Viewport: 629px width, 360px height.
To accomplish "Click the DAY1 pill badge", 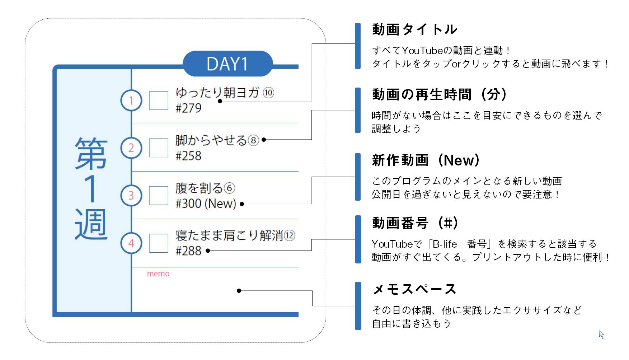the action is pos(227,64).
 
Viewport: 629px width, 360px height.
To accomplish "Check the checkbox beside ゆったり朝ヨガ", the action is pos(159,100).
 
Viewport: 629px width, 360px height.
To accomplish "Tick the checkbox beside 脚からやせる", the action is pos(159,148).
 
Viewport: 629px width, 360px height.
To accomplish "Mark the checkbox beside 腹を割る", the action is pos(159,196).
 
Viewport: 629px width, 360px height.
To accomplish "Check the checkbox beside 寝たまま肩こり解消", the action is pos(159,243).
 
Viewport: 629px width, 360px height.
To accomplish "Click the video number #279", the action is pos(188,108).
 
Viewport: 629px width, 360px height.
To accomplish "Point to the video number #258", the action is pos(188,156).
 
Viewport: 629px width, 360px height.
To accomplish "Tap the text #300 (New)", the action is pos(206,204).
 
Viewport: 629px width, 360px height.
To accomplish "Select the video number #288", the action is pos(188,251).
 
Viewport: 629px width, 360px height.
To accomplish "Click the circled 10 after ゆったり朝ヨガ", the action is pos(268,93).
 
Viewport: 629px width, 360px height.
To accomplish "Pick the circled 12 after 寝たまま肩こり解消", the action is pos(290,235).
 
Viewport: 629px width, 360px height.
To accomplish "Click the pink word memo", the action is pos(158,274).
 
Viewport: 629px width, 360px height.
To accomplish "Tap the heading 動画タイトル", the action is pos(415,29).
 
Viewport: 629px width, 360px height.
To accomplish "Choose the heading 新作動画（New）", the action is pos(426,160).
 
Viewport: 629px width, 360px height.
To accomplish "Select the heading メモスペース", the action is pos(415,289).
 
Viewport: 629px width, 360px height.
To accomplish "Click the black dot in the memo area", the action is pos(239,291).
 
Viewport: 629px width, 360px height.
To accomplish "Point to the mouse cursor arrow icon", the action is pos(601,335).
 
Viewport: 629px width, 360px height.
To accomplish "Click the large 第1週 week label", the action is pos(91,188).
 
